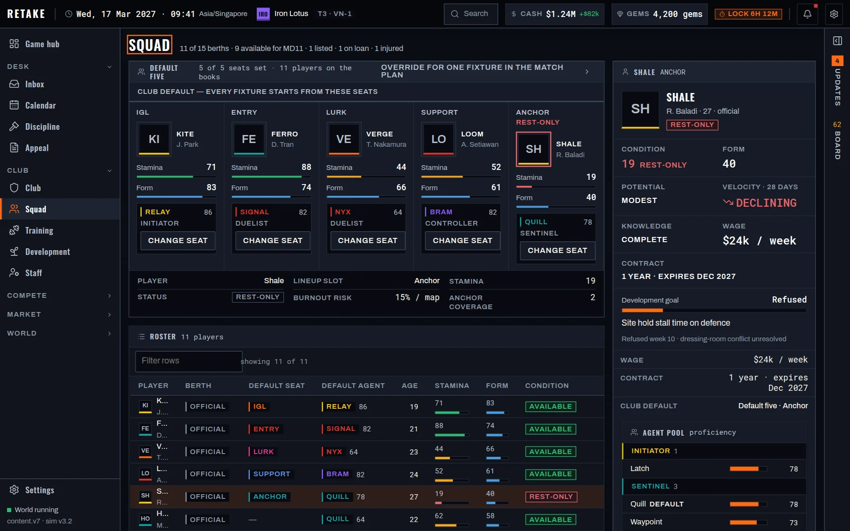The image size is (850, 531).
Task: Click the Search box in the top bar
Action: tap(470, 14)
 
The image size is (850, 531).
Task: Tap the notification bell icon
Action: tap(807, 14)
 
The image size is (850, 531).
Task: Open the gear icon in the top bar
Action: tap(834, 14)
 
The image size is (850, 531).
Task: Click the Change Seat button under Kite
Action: tap(178, 241)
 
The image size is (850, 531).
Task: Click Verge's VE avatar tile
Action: tap(343, 139)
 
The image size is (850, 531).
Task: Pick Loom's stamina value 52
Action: tap(496, 167)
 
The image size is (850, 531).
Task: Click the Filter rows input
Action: tap(188, 361)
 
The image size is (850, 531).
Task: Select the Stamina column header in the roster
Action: tap(452, 386)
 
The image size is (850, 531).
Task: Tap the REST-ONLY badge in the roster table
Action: tap(551, 497)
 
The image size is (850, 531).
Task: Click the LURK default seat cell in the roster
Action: tap(263, 452)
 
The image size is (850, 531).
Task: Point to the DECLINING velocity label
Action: tap(766, 203)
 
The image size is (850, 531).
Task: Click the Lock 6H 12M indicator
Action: tap(748, 14)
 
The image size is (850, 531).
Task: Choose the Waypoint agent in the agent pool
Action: tap(646, 522)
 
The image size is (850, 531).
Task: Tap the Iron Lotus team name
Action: tap(291, 14)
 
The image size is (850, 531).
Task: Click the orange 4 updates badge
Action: tap(837, 61)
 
